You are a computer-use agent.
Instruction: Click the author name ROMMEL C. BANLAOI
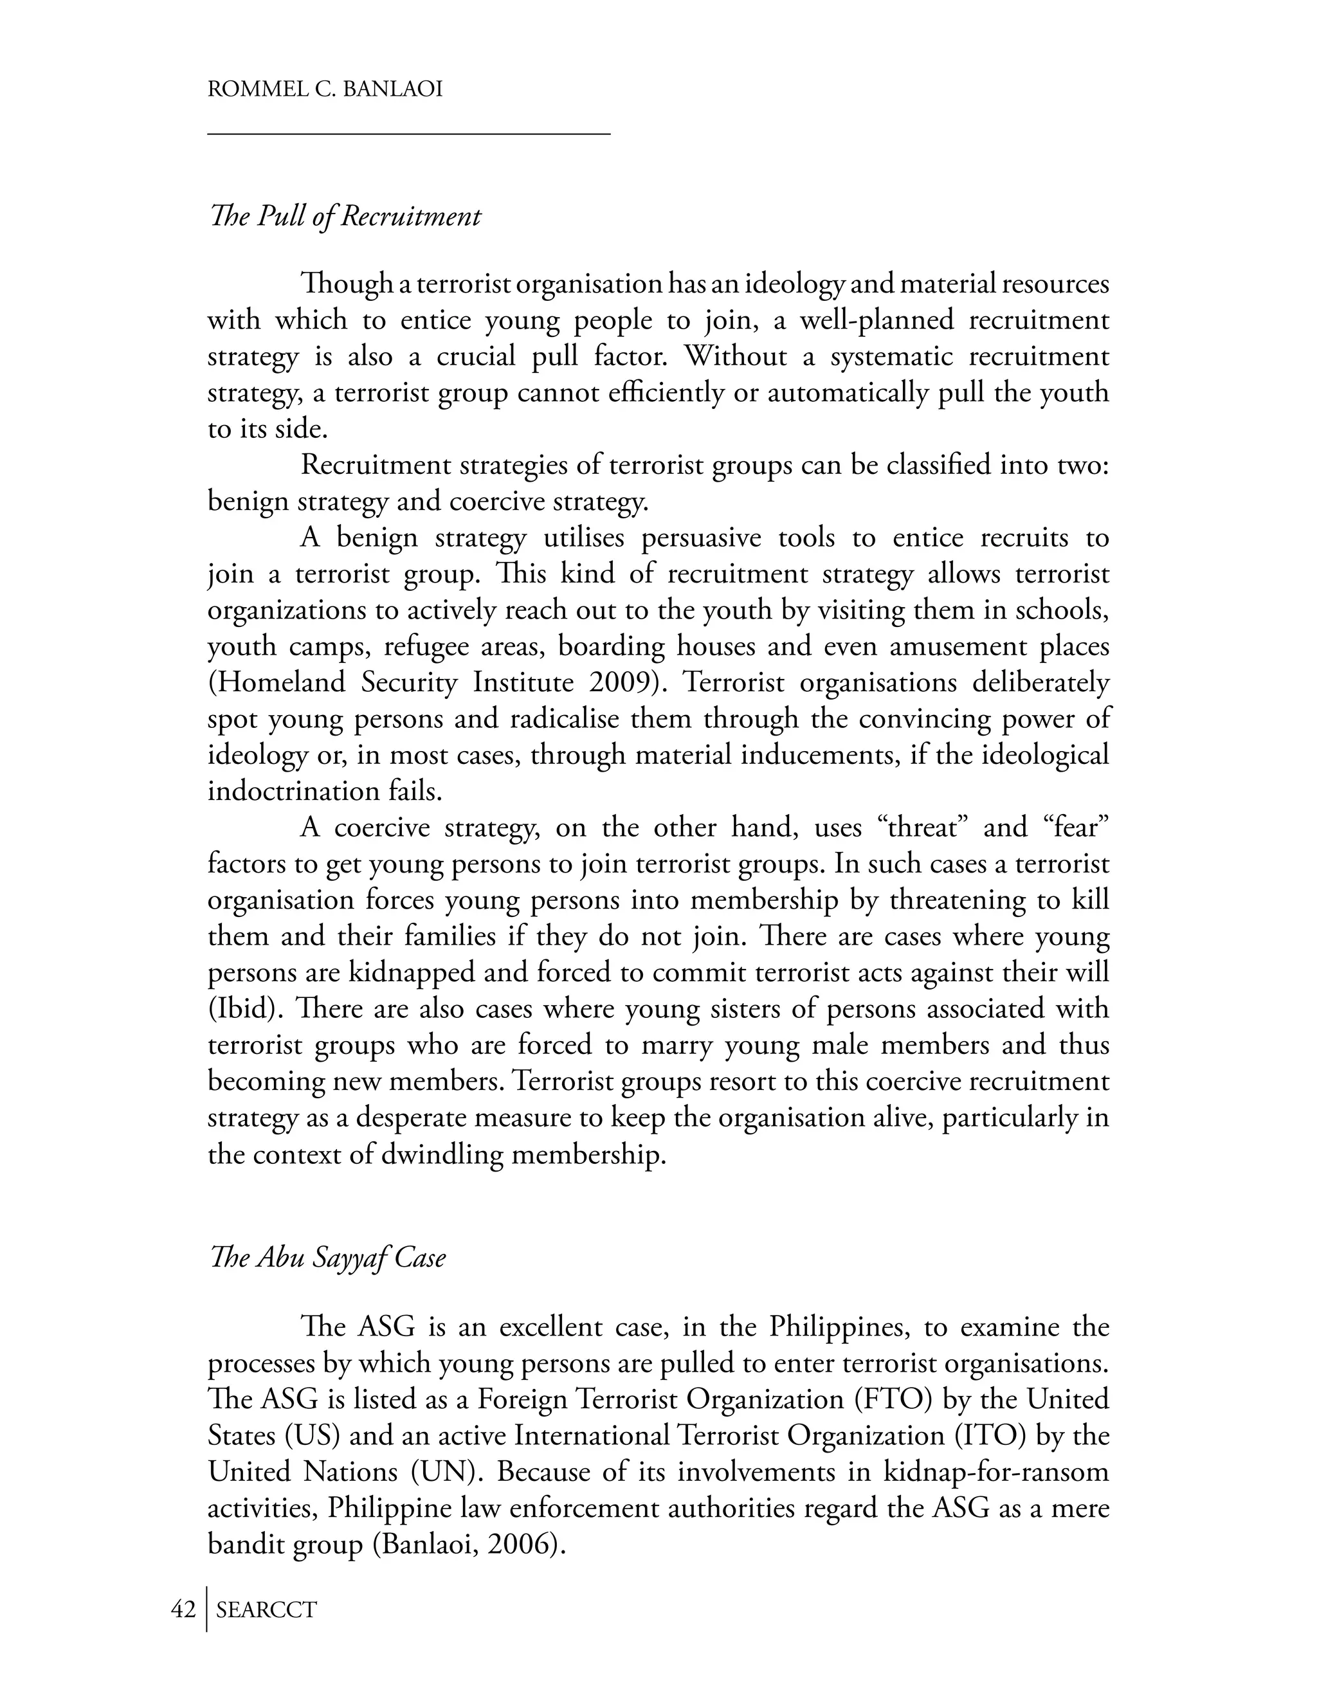[325, 89]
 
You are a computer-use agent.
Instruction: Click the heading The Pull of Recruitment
[345, 216]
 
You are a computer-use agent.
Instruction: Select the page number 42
[183, 1609]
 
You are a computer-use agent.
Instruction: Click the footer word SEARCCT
[266, 1609]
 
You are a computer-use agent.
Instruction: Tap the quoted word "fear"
[1075, 827]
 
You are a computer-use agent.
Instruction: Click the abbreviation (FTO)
[894, 1399]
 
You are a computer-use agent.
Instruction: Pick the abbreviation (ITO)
[989, 1436]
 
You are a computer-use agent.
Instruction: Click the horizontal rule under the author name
[408, 135]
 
